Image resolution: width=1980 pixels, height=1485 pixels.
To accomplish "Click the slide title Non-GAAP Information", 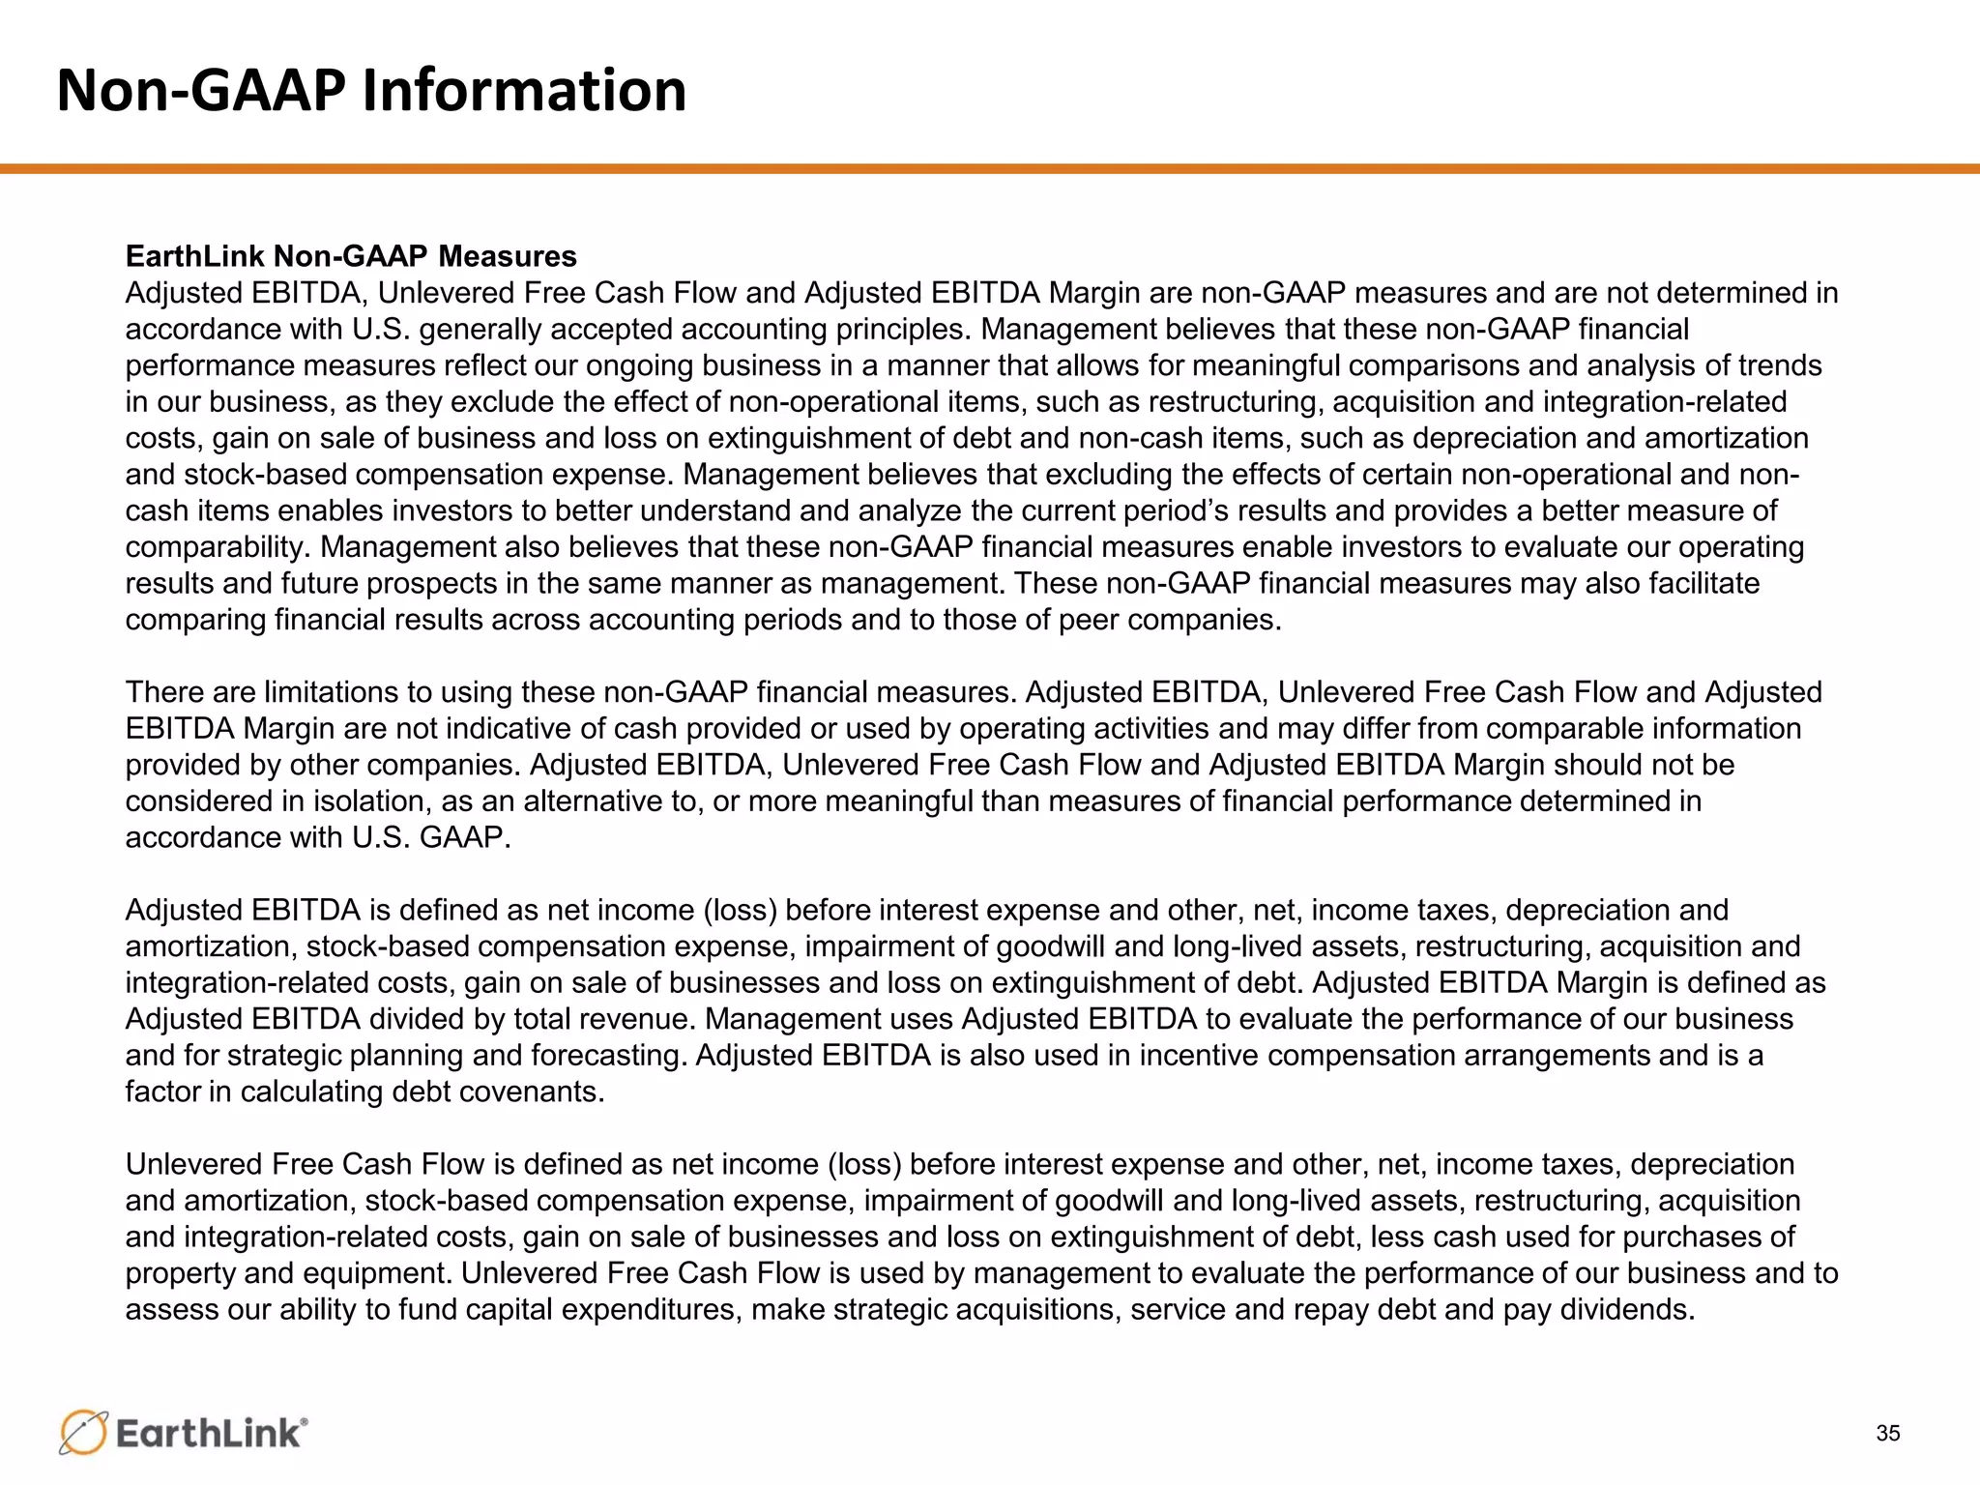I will click(x=371, y=91).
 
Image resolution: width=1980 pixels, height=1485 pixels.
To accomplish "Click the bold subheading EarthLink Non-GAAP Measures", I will click(x=351, y=256).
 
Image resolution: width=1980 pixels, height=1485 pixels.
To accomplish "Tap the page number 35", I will click(x=1887, y=1433).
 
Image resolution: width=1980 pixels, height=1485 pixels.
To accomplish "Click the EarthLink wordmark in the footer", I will click(x=211, y=1433).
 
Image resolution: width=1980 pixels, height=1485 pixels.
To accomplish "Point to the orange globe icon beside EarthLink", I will click(x=83, y=1432).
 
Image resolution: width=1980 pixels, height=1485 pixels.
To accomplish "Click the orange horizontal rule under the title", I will click(x=990, y=169).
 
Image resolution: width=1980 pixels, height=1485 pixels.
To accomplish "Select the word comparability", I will click(x=218, y=547).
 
